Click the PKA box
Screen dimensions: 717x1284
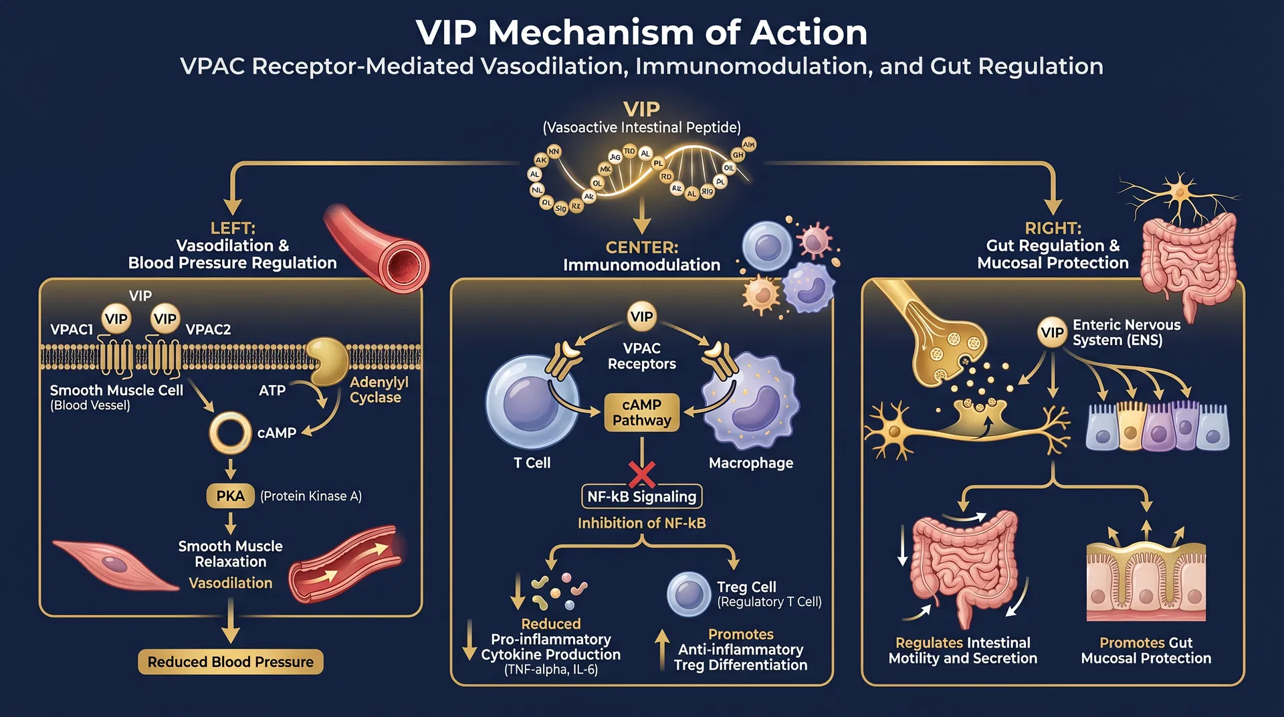[x=230, y=496]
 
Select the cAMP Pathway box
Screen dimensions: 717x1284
[x=641, y=413]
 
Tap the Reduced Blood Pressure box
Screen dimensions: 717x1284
[x=230, y=661]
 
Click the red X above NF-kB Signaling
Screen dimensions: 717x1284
[x=642, y=474]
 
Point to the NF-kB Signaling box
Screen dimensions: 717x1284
[x=641, y=496]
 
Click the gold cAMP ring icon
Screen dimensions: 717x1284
[x=230, y=433]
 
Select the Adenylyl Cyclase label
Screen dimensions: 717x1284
[x=379, y=389]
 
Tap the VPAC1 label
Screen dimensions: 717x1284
[x=72, y=329]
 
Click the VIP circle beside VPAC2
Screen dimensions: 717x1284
[x=165, y=319]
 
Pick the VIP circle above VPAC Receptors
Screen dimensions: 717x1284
[x=641, y=316]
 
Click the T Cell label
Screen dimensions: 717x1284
[x=532, y=463]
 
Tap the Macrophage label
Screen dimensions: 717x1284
[x=750, y=463]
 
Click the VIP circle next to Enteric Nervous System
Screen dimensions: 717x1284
[x=1052, y=332]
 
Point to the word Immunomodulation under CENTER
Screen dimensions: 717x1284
[x=641, y=265]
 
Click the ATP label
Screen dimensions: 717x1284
[x=272, y=390]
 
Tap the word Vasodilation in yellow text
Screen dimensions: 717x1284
[x=230, y=583]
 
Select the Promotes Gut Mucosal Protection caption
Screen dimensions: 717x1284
[x=1146, y=650]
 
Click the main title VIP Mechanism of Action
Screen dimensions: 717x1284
[x=641, y=32]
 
